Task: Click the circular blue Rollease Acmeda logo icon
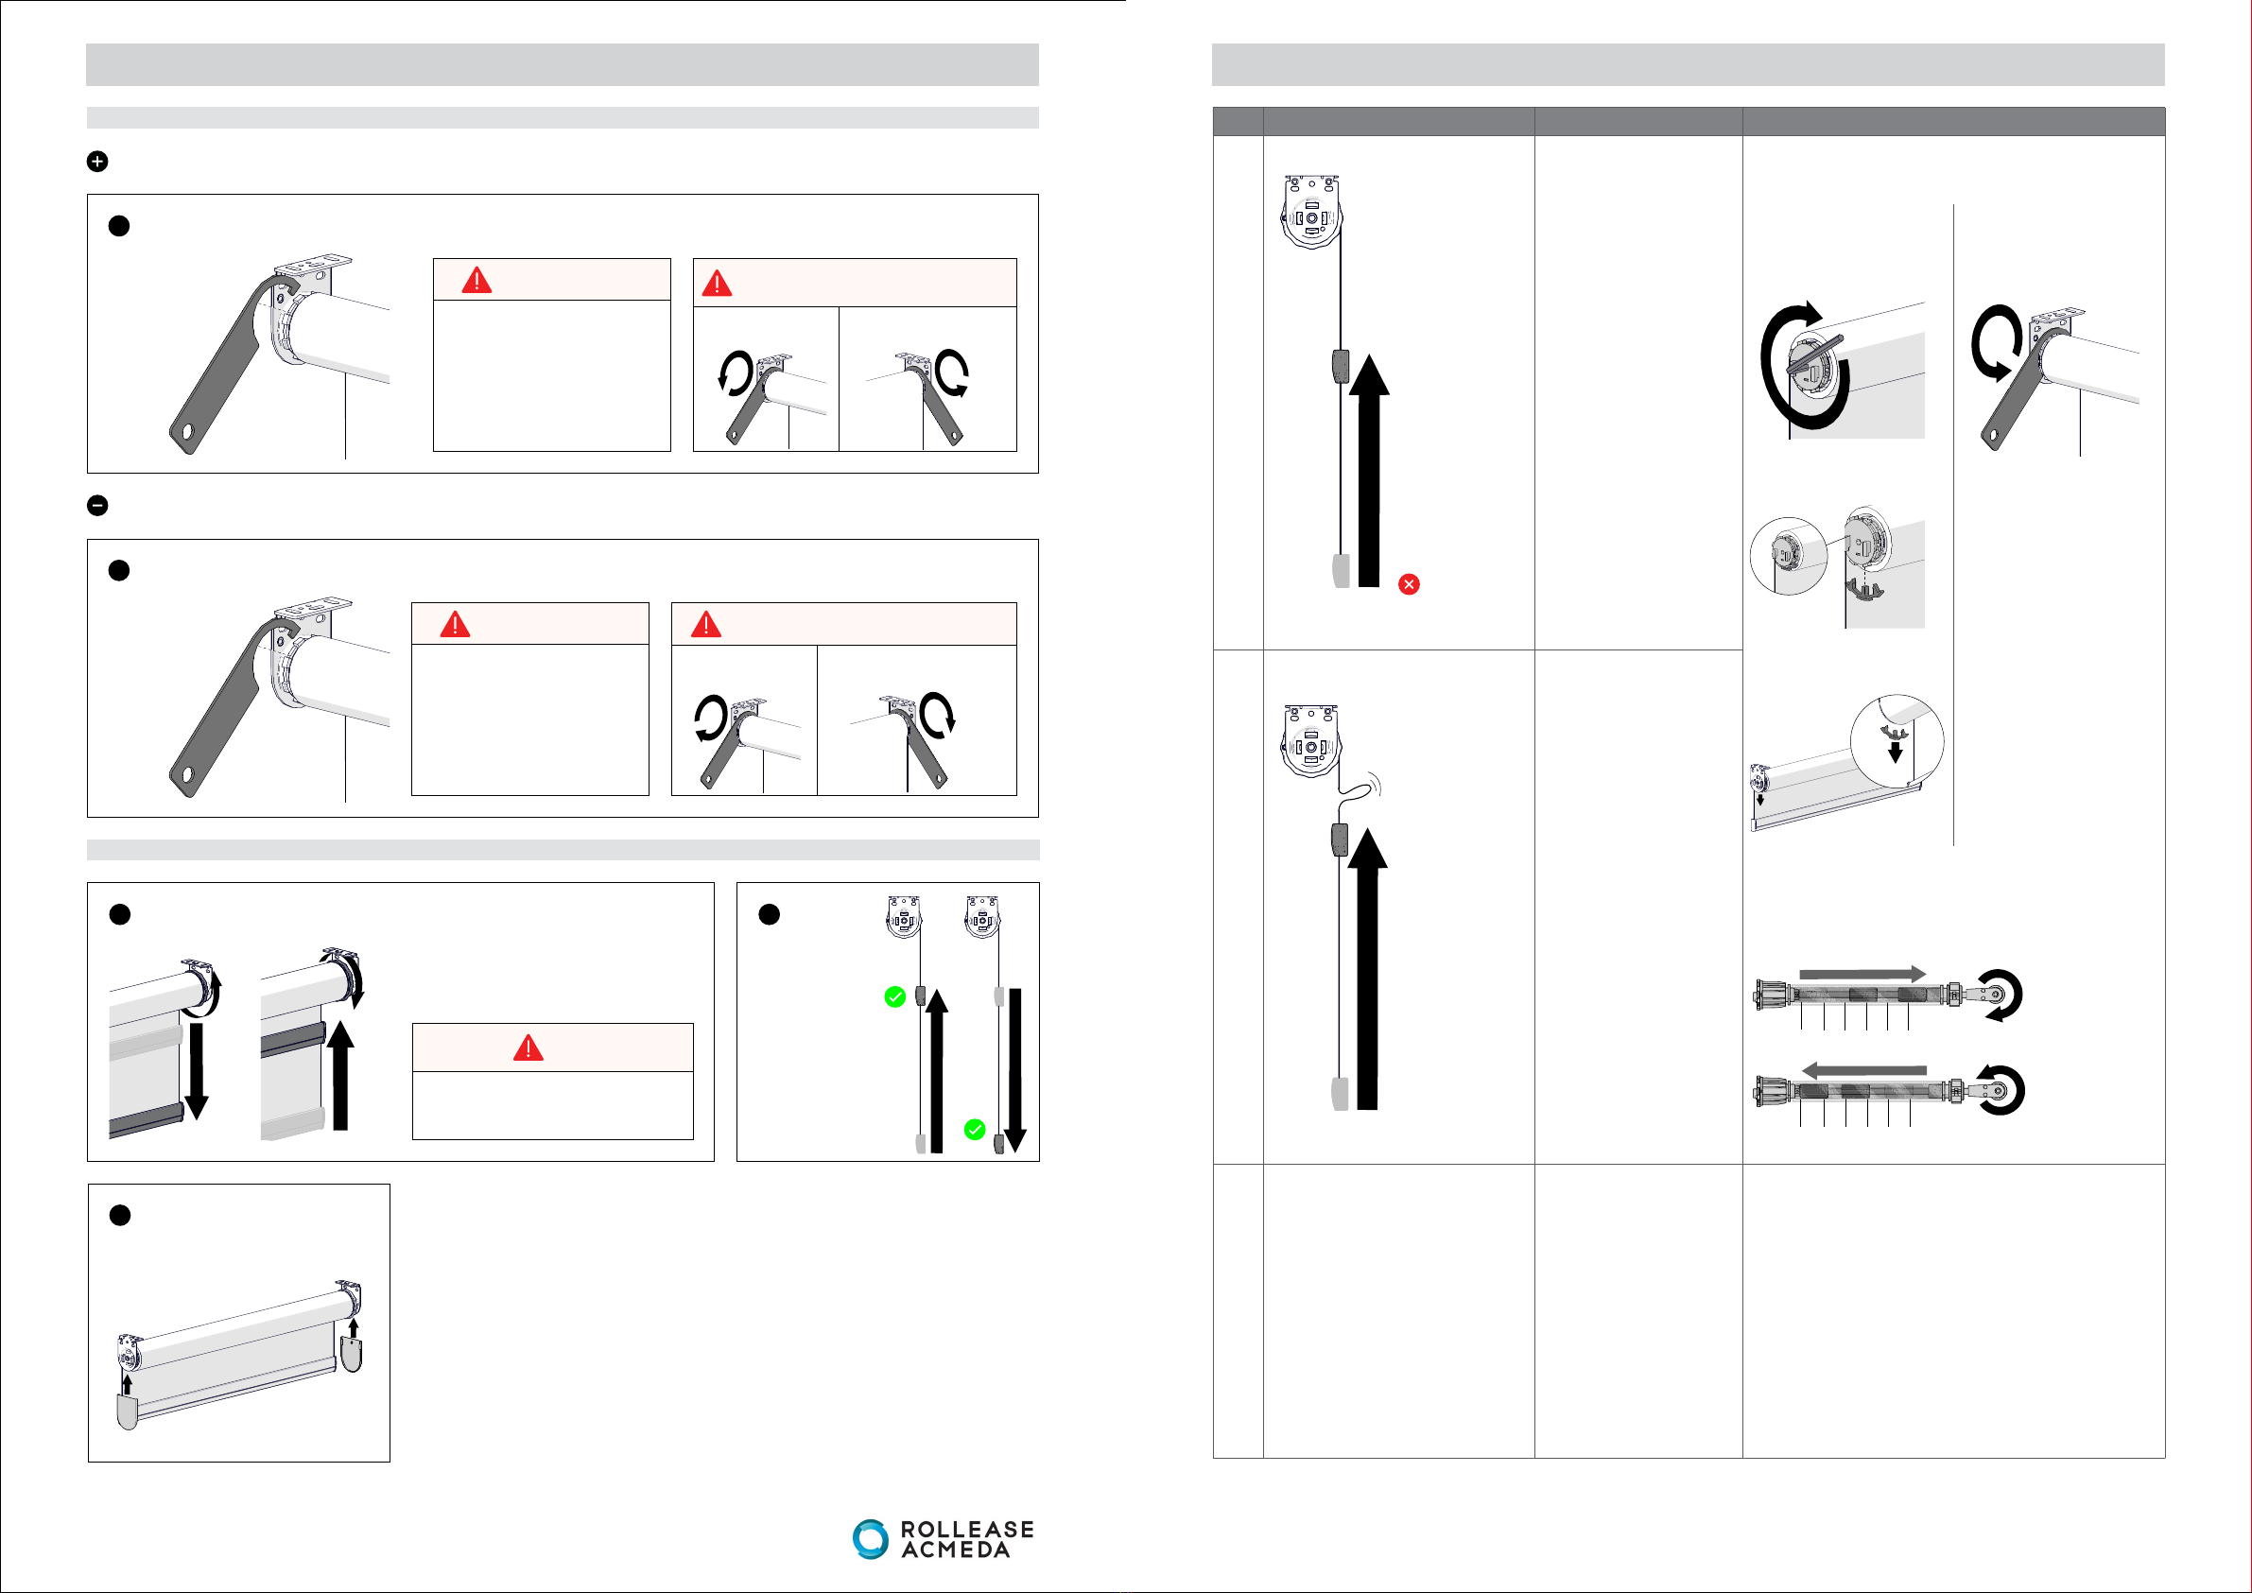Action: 869,1538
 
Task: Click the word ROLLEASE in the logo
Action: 966,1530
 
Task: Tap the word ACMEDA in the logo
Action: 955,1550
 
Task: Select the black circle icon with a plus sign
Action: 97,162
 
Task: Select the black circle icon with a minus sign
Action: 97,505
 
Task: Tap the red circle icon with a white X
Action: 1409,584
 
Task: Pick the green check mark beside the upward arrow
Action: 894,997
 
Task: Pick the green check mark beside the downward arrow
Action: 974,1130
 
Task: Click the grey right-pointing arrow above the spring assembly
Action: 1862,974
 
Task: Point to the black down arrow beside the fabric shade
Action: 196,1070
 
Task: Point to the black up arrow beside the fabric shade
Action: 340,1075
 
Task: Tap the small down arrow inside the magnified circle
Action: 1895,751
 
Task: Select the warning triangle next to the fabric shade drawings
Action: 528,1048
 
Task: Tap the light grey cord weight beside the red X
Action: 1341,570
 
